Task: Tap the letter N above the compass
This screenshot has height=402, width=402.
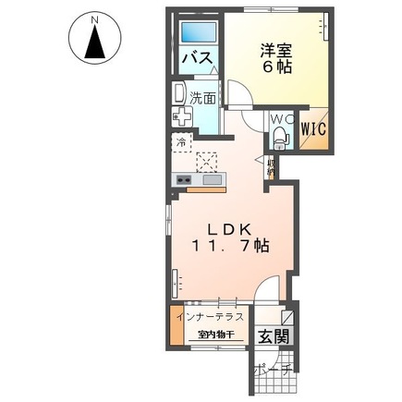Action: pos(95,16)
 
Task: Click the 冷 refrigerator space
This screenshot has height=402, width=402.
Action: pos(180,143)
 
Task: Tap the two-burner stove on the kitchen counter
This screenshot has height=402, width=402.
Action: pos(182,179)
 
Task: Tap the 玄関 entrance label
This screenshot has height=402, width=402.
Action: pos(271,335)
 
